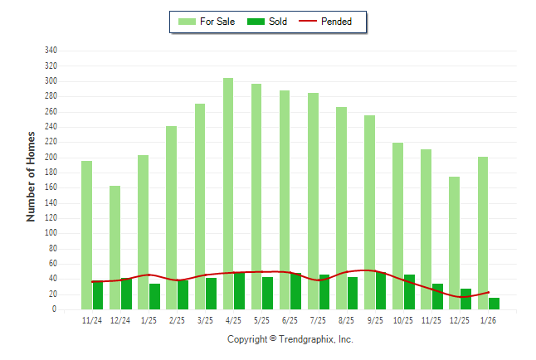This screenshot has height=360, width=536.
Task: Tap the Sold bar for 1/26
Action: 495,304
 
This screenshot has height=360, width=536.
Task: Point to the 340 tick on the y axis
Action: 51,51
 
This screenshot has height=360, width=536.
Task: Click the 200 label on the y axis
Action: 51,157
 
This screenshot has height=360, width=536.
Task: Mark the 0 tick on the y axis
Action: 54,309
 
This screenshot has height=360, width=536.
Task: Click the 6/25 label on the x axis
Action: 290,320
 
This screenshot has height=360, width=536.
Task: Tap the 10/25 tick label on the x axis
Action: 403,320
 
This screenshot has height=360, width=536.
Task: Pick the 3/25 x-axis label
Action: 205,320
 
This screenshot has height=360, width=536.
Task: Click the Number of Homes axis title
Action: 32,176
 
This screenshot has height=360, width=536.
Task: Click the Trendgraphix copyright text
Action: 290,339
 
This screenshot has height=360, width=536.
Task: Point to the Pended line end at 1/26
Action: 489,292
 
